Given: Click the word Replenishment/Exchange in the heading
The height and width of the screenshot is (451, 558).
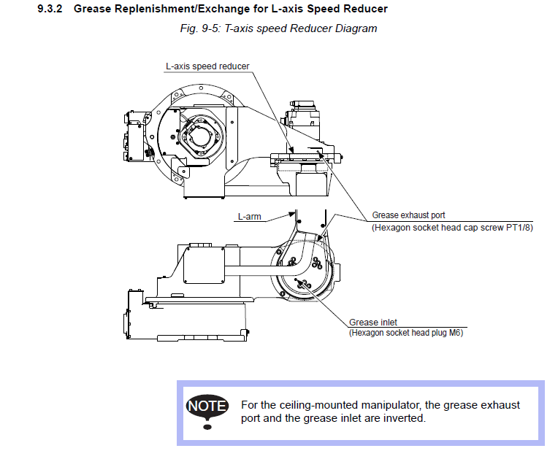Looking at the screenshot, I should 161,9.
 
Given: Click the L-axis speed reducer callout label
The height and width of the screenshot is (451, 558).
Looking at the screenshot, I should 207,66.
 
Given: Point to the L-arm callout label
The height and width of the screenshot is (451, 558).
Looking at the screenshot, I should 249,216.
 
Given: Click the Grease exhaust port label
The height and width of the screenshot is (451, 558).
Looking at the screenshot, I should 408,215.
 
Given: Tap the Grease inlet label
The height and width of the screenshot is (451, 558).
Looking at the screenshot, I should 373,322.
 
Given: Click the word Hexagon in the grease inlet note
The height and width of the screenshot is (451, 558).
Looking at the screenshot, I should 370,333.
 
